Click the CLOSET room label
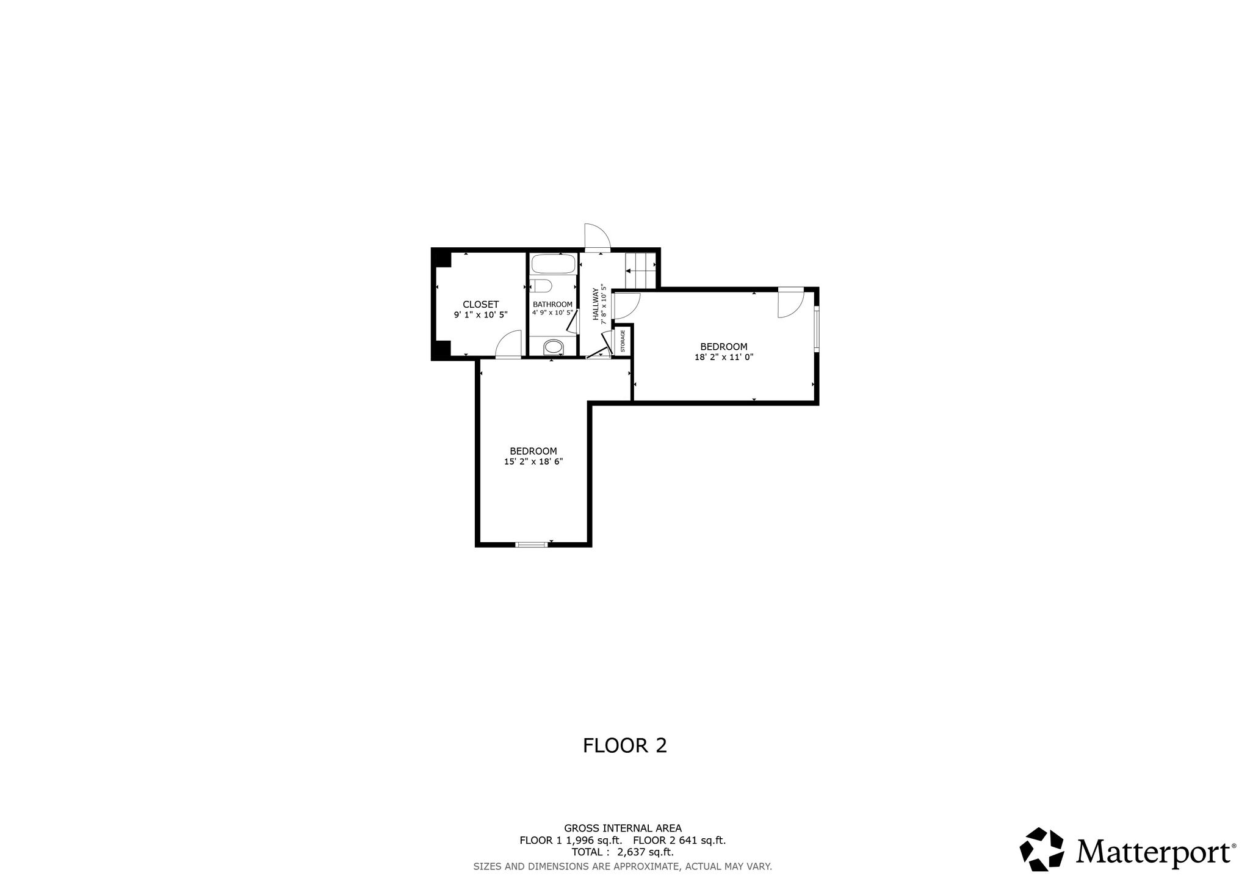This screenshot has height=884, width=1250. [480, 304]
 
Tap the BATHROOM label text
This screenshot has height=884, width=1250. [552, 304]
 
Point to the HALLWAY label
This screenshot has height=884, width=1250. [596, 304]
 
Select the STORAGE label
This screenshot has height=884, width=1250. [623, 341]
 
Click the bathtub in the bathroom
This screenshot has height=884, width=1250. [553, 264]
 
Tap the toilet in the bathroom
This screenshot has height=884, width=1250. [541, 286]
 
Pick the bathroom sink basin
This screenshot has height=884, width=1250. [554, 348]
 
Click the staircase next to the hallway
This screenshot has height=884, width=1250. [640, 270]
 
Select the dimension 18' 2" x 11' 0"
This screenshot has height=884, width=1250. [724, 358]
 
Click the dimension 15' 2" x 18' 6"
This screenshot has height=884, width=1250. [533, 462]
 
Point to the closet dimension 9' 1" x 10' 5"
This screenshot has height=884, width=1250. [480, 314]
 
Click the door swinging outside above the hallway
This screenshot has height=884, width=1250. [598, 237]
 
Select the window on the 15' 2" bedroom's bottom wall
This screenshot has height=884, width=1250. [531, 544]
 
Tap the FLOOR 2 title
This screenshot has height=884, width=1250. [625, 745]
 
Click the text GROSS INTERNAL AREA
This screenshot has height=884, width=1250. [623, 828]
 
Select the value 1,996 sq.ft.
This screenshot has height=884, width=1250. [594, 841]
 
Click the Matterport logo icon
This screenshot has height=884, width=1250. [1042, 849]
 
